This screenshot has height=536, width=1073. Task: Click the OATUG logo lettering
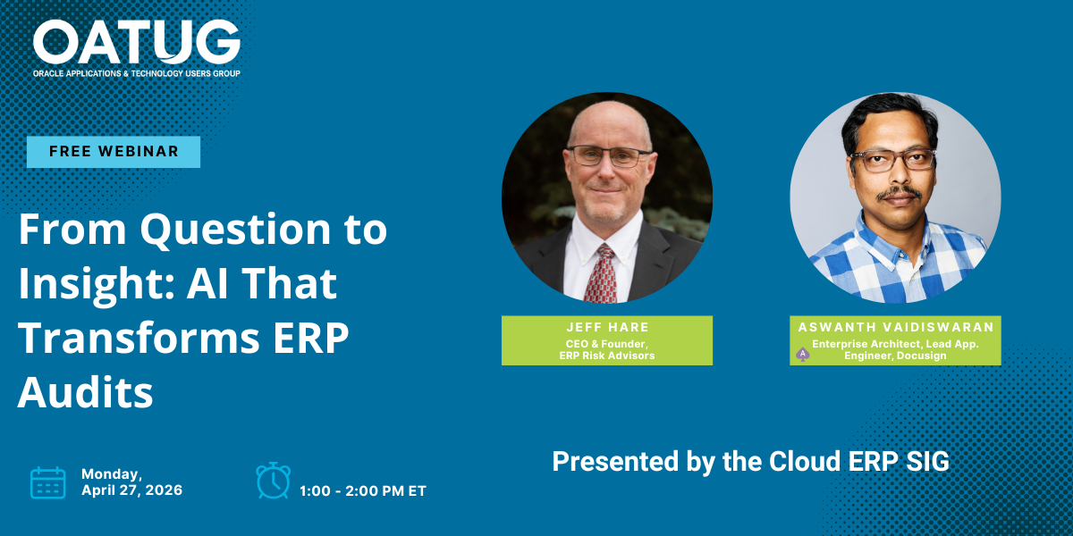click(137, 42)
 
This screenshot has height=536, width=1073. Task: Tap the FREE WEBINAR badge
click(114, 152)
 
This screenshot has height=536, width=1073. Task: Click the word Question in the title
click(235, 230)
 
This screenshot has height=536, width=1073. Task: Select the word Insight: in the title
click(97, 284)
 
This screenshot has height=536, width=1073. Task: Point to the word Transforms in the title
click(139, 338)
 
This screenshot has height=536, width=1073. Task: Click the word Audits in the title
click(85, 392)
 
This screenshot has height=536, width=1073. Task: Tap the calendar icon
click(48, 483)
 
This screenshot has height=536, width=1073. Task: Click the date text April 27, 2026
click(131, 490)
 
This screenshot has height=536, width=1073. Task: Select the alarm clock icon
click(273, 481)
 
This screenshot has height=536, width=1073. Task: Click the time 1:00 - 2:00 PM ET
click(363, 491)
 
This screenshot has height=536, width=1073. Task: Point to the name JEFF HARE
click(607, 327)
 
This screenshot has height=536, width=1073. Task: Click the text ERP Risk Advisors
click(607, 356)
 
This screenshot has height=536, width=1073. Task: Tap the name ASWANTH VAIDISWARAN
click(896, 327)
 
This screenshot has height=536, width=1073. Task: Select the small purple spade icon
click(803, 354)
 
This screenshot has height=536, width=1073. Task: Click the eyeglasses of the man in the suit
click(609, 156)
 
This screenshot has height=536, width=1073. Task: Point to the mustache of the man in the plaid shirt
click(900, 192)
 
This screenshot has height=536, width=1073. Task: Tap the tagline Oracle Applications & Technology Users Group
click(137, 73)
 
